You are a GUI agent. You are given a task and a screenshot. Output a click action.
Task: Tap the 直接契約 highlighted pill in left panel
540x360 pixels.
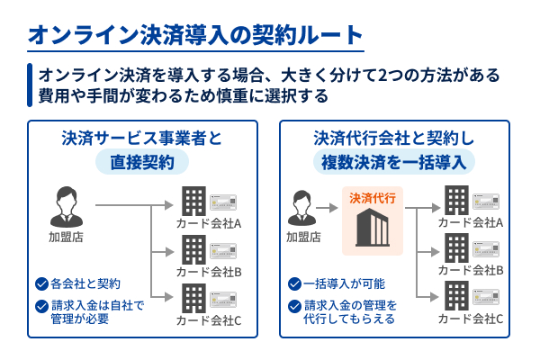142,161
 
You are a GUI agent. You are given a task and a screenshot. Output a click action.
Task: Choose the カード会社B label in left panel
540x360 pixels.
208,271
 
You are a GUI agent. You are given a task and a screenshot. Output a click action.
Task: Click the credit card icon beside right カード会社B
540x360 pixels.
486,246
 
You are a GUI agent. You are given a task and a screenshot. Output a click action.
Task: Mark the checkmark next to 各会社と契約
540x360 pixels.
41,283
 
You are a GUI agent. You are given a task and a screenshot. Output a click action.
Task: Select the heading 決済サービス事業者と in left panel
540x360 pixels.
142,139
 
